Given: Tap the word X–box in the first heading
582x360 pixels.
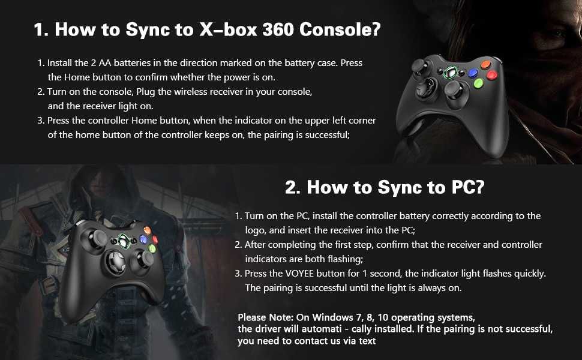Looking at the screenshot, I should click(227, 30).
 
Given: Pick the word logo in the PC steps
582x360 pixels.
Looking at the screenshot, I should click(257, 230).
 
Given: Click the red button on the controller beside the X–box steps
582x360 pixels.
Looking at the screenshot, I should click(492, 75).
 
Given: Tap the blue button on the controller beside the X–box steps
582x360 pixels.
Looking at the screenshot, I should click(473, 72).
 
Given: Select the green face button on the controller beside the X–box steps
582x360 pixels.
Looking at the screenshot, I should click(478, 83).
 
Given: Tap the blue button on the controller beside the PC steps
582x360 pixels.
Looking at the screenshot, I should click(143, 239).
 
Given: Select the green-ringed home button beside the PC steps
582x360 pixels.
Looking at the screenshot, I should click(123, 241).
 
